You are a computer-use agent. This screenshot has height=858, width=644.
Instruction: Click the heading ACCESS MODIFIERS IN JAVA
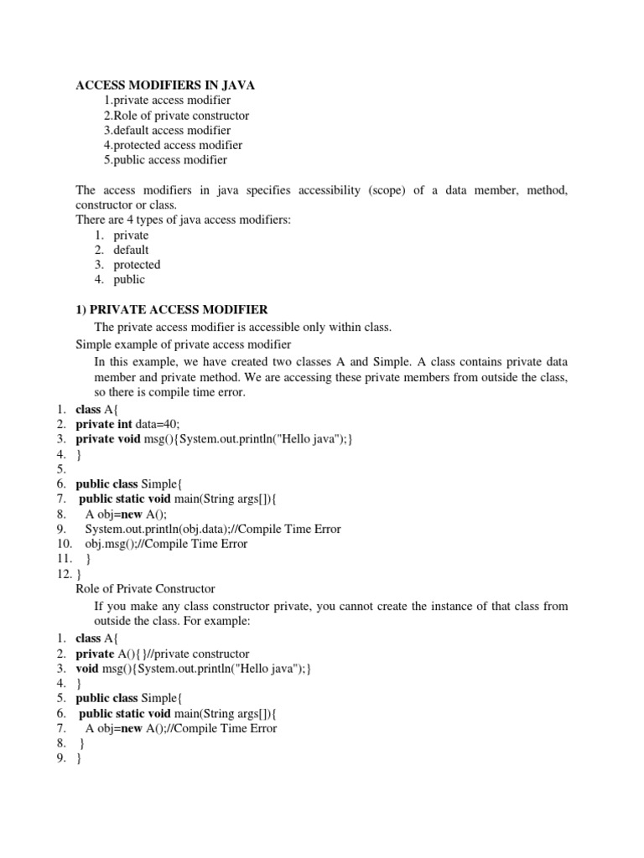point(165,85)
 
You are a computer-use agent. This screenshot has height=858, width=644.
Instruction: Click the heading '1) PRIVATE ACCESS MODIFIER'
point(172,310)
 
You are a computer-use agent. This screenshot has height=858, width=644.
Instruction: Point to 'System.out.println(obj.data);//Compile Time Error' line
point(213,530)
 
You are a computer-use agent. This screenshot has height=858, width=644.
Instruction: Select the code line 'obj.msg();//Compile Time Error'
point(166,545)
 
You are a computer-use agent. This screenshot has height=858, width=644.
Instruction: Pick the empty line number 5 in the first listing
point(61,469)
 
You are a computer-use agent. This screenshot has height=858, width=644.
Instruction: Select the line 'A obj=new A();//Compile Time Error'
point(181,729)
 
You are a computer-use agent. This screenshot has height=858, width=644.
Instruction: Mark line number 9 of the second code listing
point(61,759)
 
